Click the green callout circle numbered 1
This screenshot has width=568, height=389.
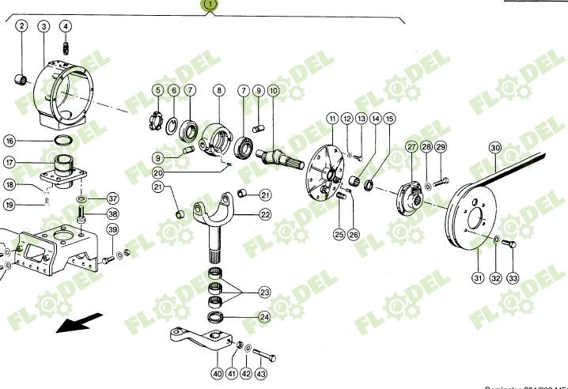(209, 6)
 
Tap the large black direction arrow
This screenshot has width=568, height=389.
(79, 323)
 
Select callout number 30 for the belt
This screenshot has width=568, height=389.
(495, 148)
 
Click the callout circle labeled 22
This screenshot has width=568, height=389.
(265, 214)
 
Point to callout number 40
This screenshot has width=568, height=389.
(217, 374)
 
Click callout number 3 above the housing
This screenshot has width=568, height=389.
(44, 27)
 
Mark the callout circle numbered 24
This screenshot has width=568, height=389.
(265, 319)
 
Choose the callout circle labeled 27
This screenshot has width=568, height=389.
(411, 146)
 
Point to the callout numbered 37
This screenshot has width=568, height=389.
(112, 198)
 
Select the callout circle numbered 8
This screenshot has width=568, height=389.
(219, 91)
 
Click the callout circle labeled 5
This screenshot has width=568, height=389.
(157, 91)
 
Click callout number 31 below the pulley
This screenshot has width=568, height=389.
(477, 278)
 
